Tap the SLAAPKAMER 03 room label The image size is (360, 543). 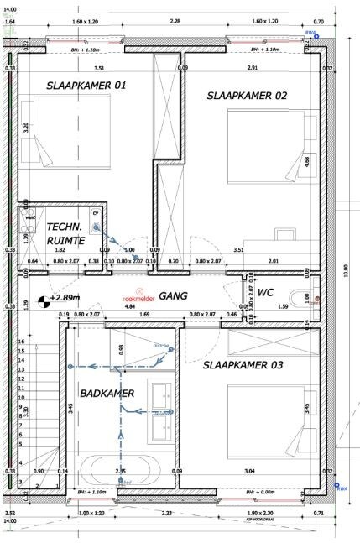click(x=243, y=365)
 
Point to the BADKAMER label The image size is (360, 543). click(x=102, y=394)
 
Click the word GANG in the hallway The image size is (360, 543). click(x=172, y=296)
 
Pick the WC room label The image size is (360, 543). click(x=266, y=293)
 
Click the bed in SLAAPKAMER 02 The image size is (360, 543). click(x=269, y=151)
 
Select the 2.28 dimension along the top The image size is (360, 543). click(x=175, y=20)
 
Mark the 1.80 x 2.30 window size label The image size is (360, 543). click(x=257, y=512)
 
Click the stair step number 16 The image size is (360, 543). click(x=21, y=342)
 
